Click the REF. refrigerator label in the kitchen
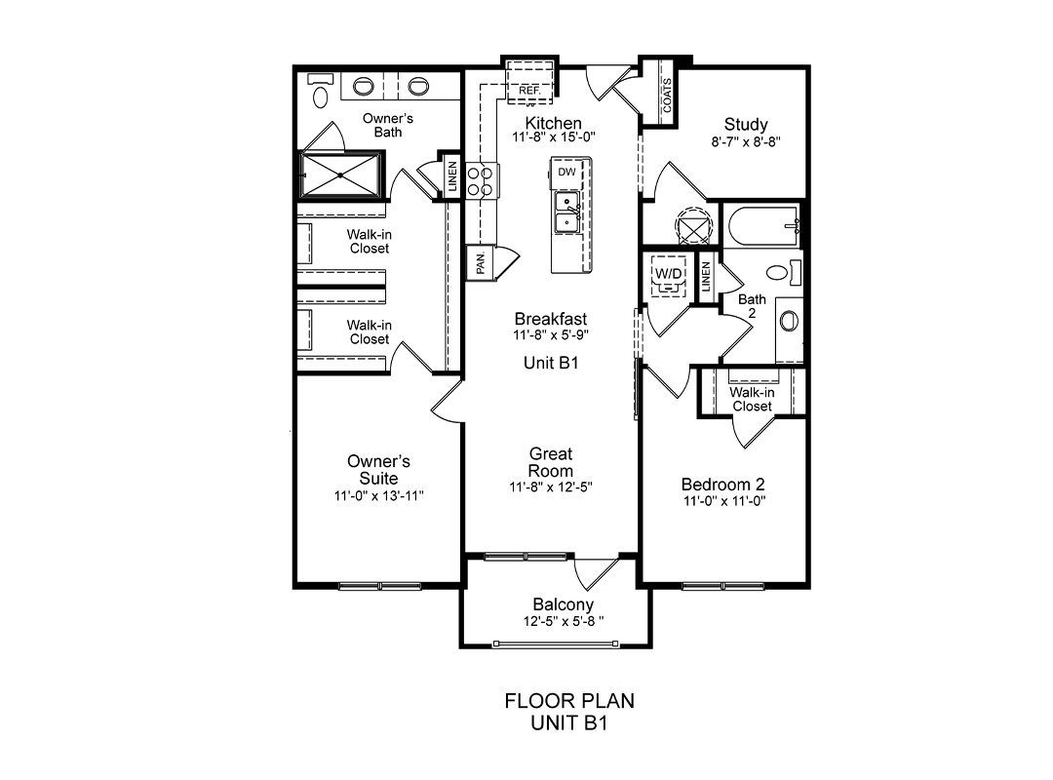[529, 90]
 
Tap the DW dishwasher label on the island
[566, 172]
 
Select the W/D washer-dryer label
[668, 273]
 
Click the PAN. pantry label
[481, 262]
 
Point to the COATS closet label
[667, 97]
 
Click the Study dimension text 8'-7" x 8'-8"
[746, 141]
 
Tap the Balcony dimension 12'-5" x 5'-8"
[564, 621]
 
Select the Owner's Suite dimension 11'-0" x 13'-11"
[378, 496]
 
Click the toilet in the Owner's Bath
[321, 91]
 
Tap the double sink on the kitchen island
[567, 213]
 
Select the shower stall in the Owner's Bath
[340, 175]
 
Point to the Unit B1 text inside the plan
[551, 363]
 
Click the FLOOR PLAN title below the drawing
[569, 701]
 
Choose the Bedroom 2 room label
[722, 485]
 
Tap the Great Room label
[551, 462]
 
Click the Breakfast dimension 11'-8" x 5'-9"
[551, 334]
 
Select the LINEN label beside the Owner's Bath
[452, 176]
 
